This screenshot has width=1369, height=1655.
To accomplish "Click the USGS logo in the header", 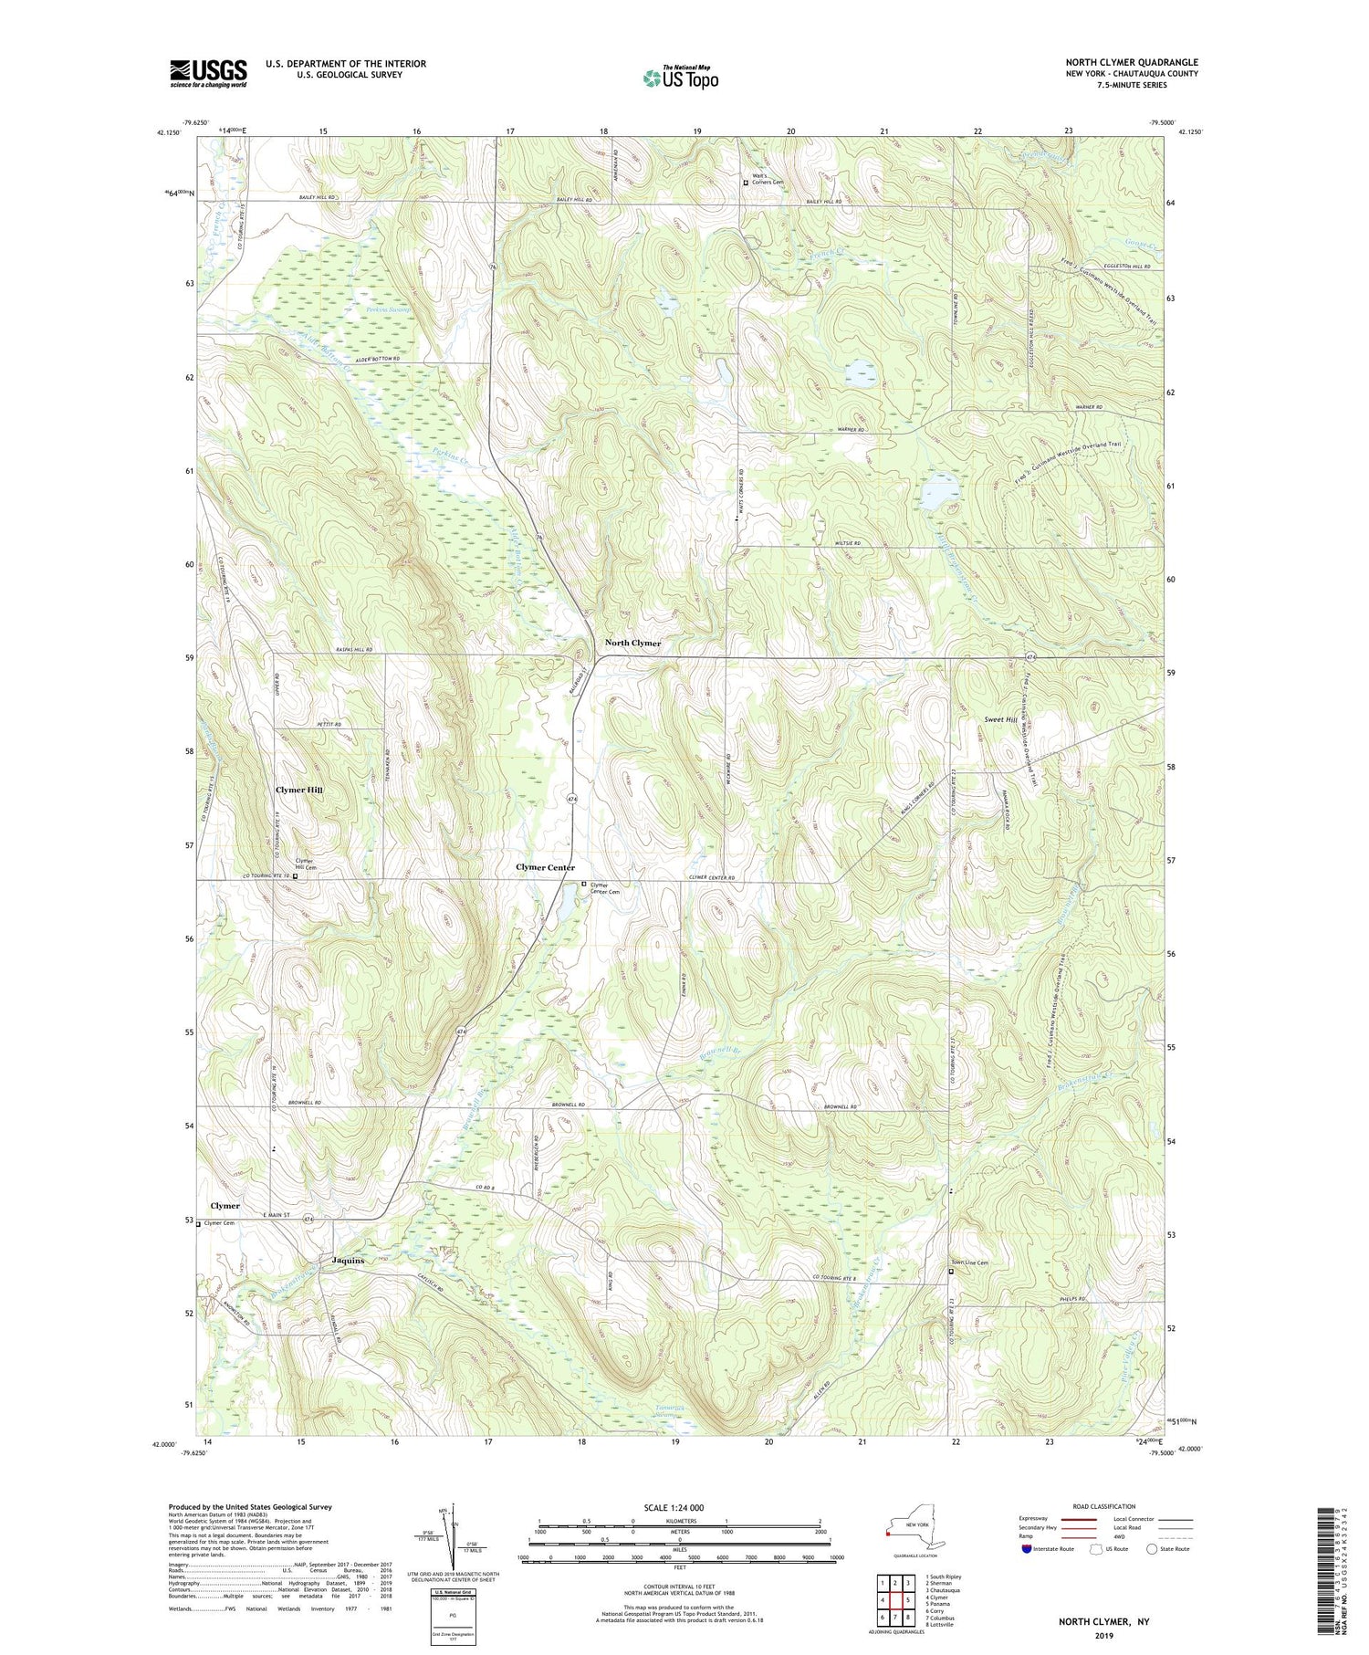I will [x=208, y=73].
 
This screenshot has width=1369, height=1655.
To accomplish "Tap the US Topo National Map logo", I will [x=680, y=78].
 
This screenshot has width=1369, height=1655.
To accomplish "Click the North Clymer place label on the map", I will [x=632, y=643].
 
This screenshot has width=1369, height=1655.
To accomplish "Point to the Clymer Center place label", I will [x=545, y=867].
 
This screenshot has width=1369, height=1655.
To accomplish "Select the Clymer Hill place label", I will [x=299, y=789].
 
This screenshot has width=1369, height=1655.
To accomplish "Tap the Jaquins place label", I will [x=348, y=1261].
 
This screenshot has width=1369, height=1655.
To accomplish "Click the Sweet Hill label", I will [x=1001, y=719].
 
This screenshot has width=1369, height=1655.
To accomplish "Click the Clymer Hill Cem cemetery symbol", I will [x=295, y=876].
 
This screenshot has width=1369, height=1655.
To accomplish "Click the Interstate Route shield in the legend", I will [x=1027, y=1549].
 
